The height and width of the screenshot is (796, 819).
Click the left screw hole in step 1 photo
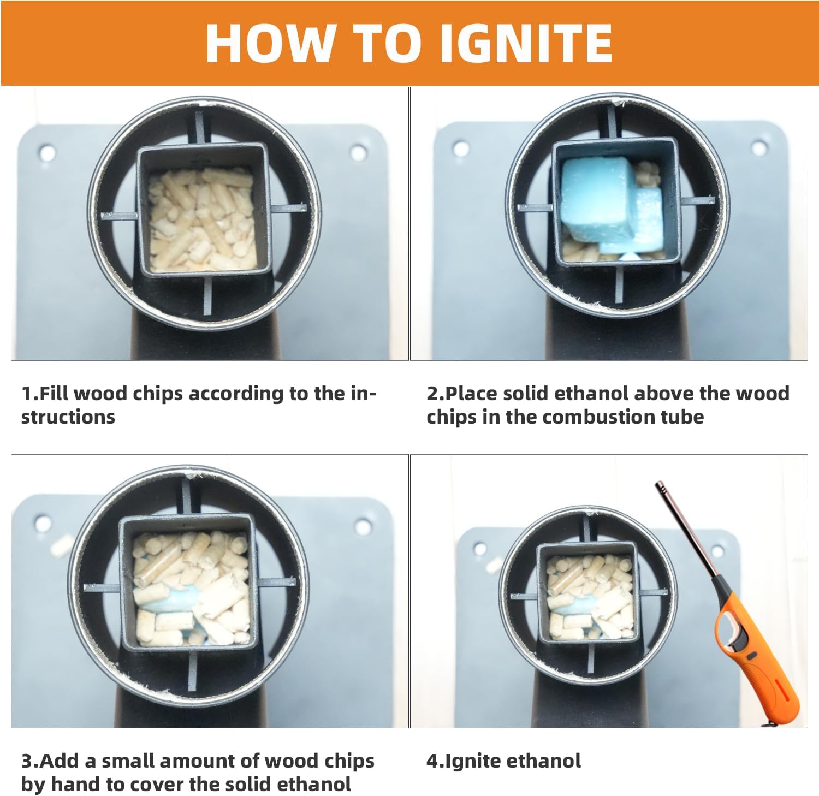point(46,152)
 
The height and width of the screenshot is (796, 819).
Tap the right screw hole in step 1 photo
point(358,152)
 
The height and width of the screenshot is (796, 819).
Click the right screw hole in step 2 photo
point(759,147)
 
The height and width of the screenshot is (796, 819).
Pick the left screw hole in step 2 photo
point(461,147)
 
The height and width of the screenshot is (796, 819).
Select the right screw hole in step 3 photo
point(363,527)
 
